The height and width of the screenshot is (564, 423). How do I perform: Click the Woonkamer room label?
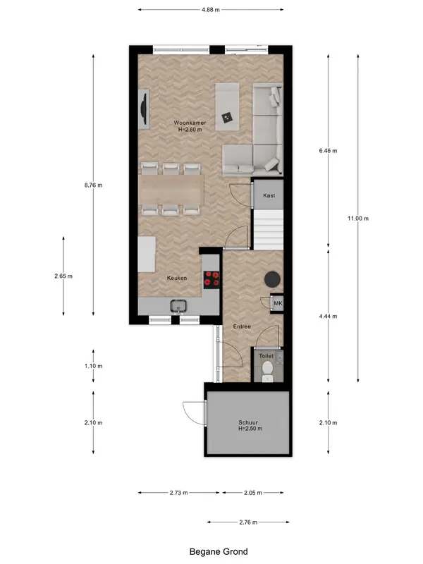(190, 123)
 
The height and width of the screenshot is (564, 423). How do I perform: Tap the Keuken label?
(177, 278)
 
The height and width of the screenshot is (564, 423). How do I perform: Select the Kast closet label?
(269, 195)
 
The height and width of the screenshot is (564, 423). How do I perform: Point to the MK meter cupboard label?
(278, 303)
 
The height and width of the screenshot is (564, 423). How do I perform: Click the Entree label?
(242, 326)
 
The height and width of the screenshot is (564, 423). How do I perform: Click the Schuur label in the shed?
(248, 422)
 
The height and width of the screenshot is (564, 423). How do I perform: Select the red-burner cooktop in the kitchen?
(211, 279)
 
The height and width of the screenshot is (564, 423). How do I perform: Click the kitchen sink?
(178, 306)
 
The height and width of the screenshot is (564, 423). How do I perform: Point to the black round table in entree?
(273, 278)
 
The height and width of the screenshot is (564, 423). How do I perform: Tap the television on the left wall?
(144, 109)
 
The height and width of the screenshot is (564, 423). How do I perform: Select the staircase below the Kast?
(269, 230)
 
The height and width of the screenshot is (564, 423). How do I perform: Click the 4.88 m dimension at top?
(211, 10)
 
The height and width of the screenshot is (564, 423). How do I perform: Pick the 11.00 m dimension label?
(358, 219)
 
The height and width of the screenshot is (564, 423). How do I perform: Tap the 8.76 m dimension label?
(93, 185)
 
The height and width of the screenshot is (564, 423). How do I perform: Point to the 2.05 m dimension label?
(253, 493)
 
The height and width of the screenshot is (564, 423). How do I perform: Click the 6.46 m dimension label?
(328, 151)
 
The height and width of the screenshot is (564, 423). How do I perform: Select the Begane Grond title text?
(219, 551)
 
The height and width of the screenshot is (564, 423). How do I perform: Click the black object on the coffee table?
(226, 118)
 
